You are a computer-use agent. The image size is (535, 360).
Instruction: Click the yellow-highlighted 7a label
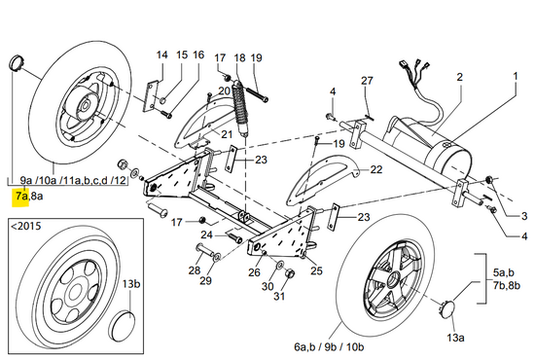21,197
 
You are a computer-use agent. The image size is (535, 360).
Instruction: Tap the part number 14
162,54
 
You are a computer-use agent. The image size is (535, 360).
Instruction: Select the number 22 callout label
376,169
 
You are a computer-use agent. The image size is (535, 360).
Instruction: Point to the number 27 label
367,81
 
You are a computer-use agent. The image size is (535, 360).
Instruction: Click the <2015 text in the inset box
26,227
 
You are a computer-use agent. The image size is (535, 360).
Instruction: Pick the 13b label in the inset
131,284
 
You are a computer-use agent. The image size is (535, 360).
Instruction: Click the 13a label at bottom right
455,338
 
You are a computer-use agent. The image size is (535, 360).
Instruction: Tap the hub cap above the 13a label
446,308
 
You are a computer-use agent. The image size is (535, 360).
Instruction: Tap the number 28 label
195,270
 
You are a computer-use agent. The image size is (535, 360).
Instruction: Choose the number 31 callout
279,296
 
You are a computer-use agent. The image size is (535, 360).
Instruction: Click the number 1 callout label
516,76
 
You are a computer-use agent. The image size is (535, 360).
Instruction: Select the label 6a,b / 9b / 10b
329,347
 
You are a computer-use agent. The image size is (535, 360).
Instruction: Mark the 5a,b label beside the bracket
504,273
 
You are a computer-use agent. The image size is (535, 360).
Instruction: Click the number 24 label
206,235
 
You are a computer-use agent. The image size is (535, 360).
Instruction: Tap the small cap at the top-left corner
16,62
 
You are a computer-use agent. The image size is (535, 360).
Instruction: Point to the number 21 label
227,134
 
